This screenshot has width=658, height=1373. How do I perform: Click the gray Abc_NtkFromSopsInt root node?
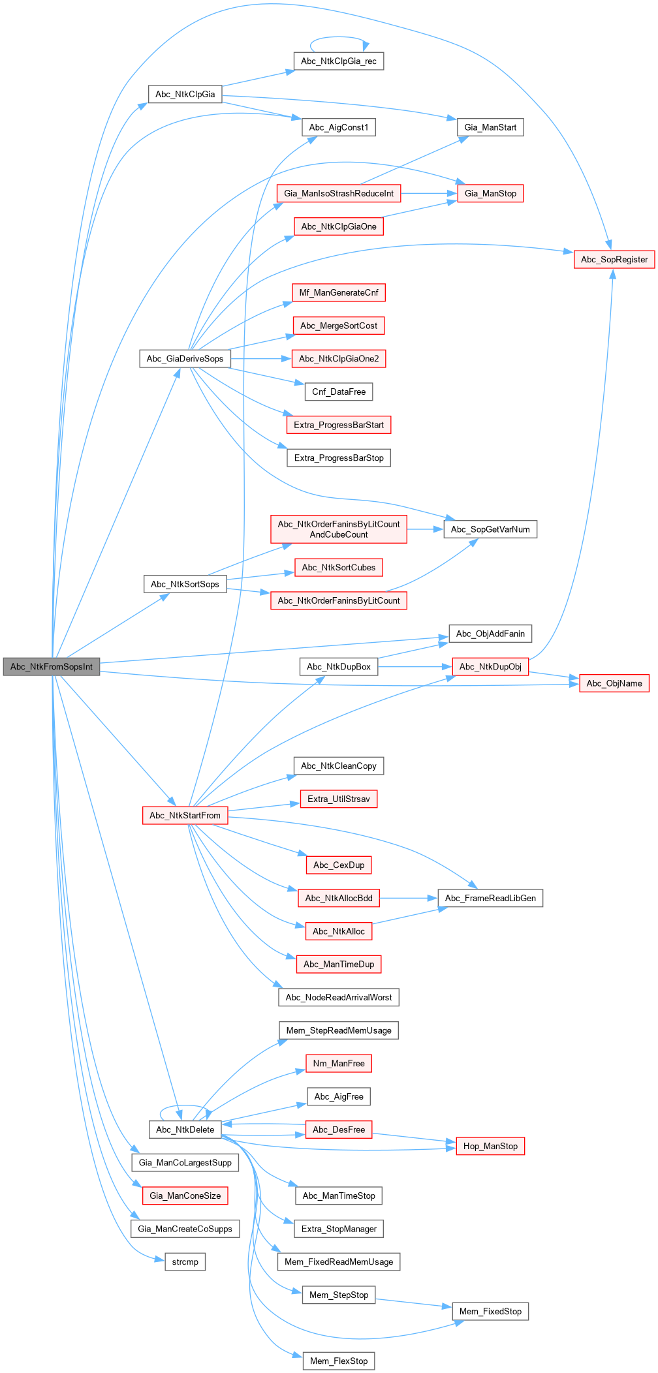[52, 667]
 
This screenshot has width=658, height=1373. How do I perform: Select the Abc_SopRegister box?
[614, 259]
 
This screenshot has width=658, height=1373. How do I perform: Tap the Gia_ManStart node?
[490, 127]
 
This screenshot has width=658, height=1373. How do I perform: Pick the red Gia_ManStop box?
[490, 193]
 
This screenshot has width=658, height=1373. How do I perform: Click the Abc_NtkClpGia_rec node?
[339, 61]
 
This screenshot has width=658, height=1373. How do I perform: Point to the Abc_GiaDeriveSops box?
[185, 358]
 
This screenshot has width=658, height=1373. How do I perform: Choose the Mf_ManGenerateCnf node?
[339, 292]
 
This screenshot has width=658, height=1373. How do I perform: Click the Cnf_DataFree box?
[339, 392]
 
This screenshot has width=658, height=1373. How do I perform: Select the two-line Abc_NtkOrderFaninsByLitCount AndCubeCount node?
[339, 529]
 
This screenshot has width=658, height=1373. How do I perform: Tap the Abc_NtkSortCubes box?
[339, 568]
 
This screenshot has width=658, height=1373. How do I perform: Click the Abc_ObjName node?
[614, 683]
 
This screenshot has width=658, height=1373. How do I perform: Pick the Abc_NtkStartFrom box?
[185, 815]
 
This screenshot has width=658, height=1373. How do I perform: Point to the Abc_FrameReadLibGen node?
[490, 898]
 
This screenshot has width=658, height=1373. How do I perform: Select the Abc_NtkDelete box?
[185, 1130]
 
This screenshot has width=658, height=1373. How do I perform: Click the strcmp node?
[185, 1262]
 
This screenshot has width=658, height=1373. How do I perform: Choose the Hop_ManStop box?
[490, 1146]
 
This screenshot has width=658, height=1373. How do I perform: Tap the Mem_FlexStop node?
[339, 1361]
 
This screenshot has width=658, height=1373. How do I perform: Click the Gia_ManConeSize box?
[185, 1196]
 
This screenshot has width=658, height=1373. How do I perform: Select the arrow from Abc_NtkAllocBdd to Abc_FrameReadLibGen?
[409, 898]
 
